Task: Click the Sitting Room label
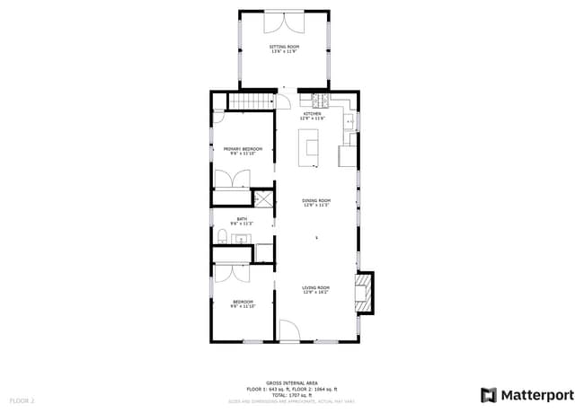click(x=284, y=47)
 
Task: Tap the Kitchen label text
click(x=312, y=114)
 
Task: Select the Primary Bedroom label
click(x=243, y=149)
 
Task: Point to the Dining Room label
click(x=316, y=200)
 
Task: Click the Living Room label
click(x=316, y=287)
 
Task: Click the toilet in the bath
click(x=221, y=237)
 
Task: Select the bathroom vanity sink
click(x=241, y=239)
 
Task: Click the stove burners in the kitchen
click(x=319, y=98)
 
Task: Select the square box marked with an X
click(x=263, y=199)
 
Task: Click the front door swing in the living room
click(x=289, y=331)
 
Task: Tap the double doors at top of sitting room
click(x=284, y=20)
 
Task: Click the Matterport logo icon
click(x=488, y=394)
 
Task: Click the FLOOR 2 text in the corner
click(x=22, y=400)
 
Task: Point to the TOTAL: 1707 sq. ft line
click(x=292, y=394)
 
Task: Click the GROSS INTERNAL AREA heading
click(x=292, y=382)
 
